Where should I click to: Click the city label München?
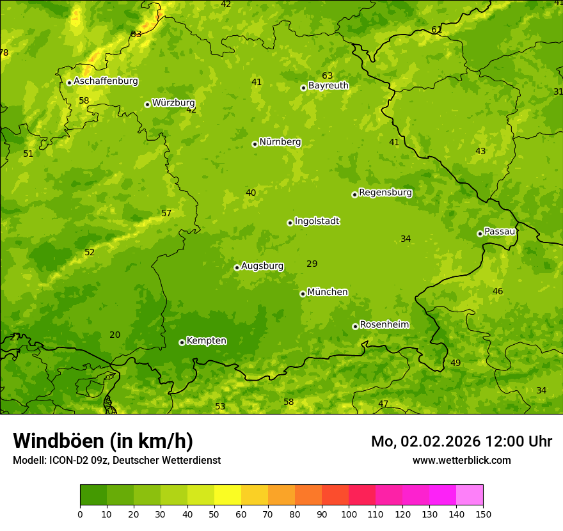(x=328, y=292)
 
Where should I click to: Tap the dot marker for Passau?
(x=480, y=234)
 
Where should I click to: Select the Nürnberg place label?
(x=280, y=142)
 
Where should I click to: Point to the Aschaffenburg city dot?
(x=69, y=83)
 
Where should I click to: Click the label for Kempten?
(x=206, y=341)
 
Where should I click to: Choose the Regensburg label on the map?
(x=385, y=193)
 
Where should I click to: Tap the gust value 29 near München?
(x=312, y=264)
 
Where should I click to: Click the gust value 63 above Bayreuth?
(x=328, y=75)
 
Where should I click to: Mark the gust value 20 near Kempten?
(x=115, y=335)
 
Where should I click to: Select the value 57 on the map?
(x=166, y=213)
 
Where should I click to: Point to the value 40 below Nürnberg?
(x=251, y=193)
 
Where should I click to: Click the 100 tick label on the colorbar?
(x=349, y=514)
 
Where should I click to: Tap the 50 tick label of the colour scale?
(x=214, y=514)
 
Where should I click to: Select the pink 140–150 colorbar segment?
(x=470, y=495)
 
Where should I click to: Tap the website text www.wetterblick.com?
(x=461, y=460)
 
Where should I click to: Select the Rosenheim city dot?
(x=355, y=326)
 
